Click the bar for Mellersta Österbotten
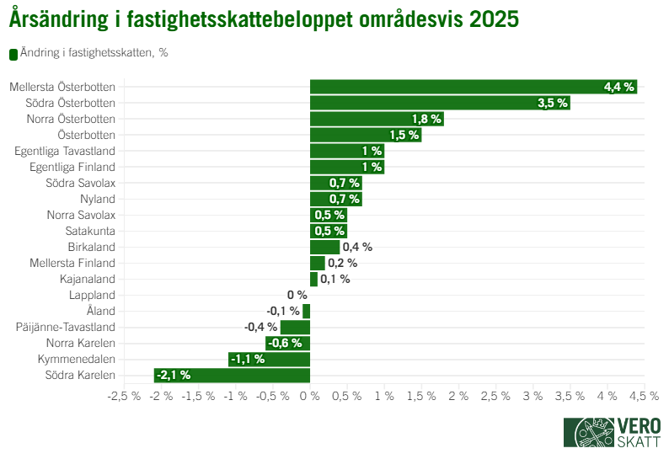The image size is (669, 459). click(473, 87)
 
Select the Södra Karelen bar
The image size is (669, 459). click(232, 375)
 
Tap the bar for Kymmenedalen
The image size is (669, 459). click(269, 359)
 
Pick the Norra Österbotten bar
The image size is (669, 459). click(377, 119)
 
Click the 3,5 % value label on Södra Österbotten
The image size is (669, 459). click(553, 103)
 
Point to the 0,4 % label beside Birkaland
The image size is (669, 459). click(357, 247)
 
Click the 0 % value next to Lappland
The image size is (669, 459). click(297, 295)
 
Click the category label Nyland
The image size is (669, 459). click(98, 199)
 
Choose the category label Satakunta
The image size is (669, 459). click(90, 231)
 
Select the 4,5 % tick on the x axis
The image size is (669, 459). click(644, 396)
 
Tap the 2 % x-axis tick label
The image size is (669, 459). click(458, 396)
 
